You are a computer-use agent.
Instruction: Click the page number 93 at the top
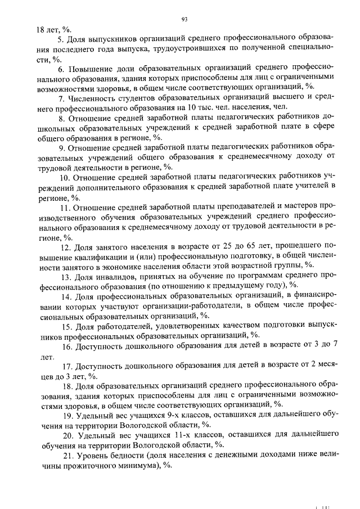tap(184, 19)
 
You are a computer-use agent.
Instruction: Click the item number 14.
tap(66, 296)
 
